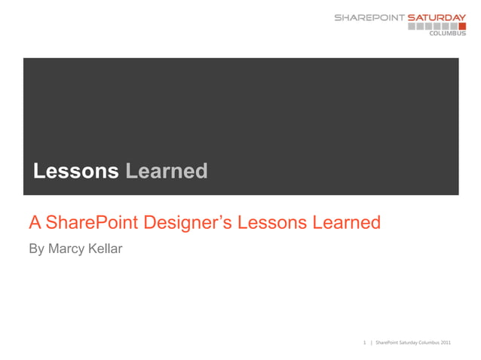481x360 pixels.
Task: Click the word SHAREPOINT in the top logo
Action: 369,17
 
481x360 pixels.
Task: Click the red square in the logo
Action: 461,26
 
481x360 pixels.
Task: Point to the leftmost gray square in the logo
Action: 412,26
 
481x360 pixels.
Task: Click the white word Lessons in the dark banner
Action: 75,172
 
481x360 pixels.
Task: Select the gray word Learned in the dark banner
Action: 166,172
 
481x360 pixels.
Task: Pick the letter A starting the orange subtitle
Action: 35,223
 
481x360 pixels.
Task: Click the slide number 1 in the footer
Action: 365,343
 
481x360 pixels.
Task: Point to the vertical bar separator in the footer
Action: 371,343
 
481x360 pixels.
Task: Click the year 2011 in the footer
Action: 446,343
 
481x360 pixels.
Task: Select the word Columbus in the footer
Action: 425,343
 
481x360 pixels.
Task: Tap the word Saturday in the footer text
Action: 403,343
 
